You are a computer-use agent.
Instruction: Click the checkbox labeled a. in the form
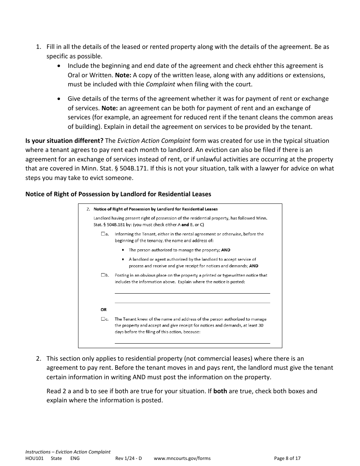103,234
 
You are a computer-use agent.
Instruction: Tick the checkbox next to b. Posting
103,275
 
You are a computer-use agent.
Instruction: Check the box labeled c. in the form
103,319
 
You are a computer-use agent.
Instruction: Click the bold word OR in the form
103,310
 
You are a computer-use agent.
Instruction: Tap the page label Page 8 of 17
287,458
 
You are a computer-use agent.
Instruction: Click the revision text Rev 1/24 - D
128,458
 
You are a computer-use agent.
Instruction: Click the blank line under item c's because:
192,343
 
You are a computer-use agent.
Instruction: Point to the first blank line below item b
192,293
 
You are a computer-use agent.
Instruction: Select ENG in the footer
75,458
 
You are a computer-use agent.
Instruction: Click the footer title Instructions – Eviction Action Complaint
68,452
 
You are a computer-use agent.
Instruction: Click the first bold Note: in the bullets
123,75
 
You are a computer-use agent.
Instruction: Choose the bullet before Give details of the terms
58,99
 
